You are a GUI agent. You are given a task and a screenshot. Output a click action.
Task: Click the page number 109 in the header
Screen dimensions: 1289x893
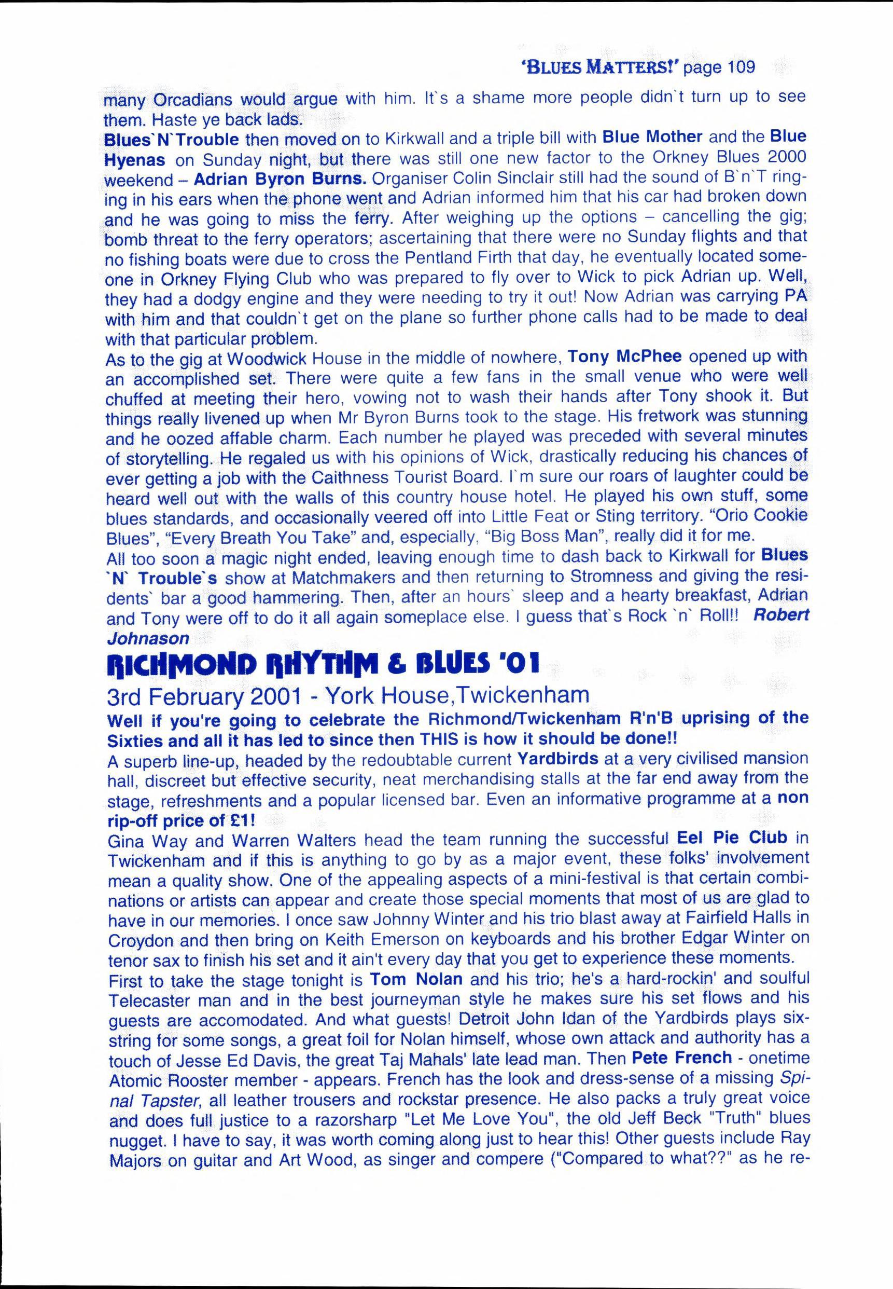pyautogui.click(x=732, y=67)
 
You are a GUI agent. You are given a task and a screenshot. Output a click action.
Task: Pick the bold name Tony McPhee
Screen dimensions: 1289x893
pyautogui.click(x=624, y=356)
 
